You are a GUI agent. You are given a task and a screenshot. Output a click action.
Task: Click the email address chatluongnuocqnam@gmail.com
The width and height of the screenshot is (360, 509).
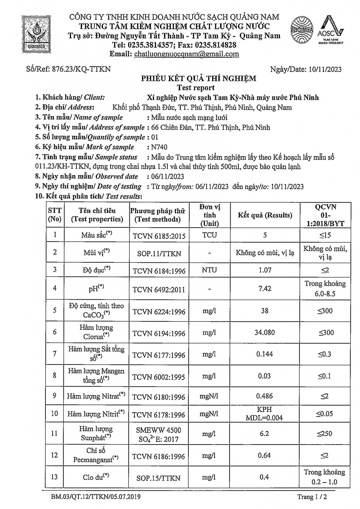coord(186,54)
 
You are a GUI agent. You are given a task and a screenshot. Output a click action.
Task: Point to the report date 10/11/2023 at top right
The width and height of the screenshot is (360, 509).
coord(325,70)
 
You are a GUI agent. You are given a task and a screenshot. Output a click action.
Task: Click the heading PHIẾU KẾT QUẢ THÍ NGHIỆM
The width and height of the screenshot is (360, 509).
coord(199,79)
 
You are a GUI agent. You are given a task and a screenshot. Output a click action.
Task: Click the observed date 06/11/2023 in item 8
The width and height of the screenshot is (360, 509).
coord(167,176)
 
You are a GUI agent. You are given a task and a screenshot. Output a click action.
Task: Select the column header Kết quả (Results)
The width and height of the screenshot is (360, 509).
coord(265,215)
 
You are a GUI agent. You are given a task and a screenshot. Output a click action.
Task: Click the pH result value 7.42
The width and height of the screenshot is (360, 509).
coord(265,288)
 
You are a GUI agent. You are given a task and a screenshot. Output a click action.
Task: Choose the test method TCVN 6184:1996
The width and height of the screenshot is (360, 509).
coord(159,270)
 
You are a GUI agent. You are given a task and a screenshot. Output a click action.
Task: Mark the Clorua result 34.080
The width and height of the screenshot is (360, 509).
coord(265,333)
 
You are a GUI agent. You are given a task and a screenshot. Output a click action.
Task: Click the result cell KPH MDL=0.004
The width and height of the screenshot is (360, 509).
coord(264,414)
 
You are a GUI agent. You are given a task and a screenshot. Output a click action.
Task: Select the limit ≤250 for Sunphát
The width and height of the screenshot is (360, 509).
coord(324,434)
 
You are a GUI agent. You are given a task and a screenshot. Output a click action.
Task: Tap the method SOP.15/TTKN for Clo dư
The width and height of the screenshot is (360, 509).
coord(159,478)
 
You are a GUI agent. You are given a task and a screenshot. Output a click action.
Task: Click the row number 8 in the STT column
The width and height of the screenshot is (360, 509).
coord(54,376)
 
